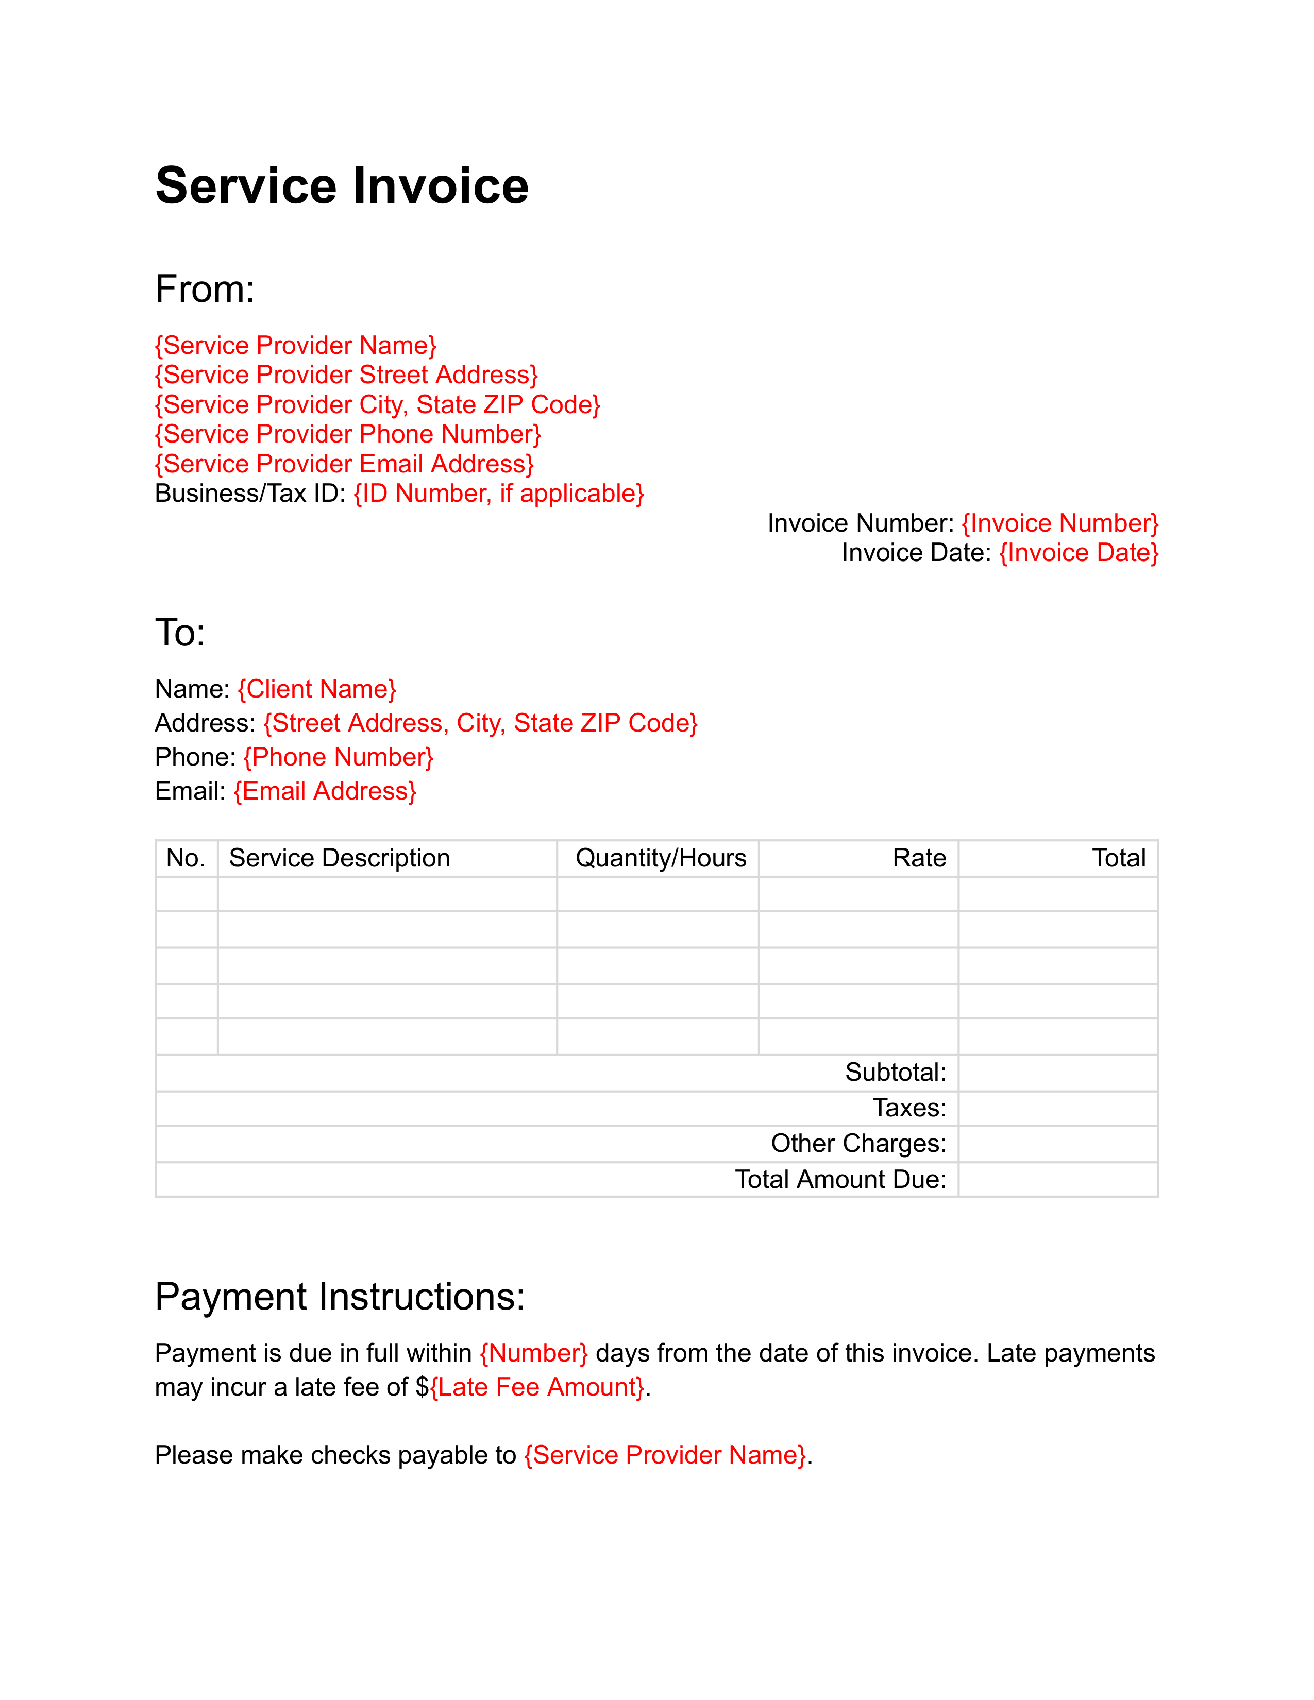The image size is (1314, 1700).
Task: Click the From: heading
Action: (205, 289)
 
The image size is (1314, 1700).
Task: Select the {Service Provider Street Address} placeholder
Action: (346, 375)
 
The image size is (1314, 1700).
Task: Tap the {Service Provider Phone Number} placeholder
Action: (347, 434)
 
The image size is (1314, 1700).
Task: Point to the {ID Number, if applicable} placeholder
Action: (499, 494)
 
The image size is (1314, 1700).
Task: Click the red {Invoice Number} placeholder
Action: (1060, 523)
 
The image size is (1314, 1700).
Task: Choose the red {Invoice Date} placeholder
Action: (1079, 553)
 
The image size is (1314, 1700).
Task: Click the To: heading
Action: (180, 632)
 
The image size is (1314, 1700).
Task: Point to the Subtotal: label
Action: (896, 1073)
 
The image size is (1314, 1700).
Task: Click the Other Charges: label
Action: (858, 1144)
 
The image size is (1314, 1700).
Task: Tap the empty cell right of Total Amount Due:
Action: (1058, 1179)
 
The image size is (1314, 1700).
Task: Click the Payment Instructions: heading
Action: (340, 1297)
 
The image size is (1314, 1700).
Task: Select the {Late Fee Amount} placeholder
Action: (537, 1387)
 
